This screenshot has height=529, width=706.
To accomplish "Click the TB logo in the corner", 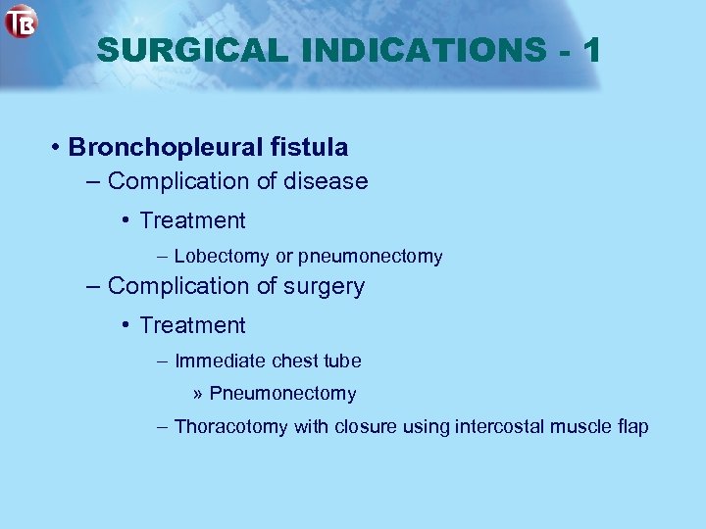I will click(20, 21).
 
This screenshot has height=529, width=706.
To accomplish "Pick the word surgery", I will click(325, 286).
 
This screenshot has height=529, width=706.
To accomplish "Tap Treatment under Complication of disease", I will click(192, 221).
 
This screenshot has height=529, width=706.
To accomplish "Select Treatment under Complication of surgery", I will click(192, 325).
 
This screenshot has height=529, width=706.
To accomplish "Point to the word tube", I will click(343, 361).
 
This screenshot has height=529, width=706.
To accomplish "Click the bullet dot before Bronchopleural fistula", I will click(59, 148).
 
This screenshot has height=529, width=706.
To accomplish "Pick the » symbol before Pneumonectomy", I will click(198, 394).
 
